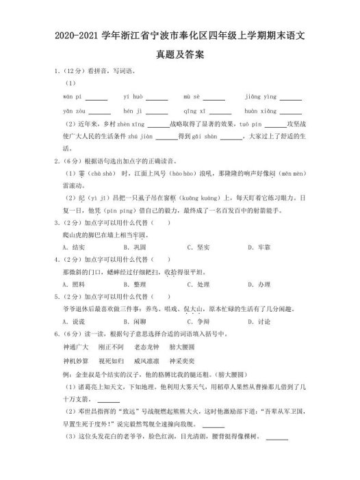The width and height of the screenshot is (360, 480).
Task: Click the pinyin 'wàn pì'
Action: pos(72,97)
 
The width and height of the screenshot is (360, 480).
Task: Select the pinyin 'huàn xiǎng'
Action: pos(259,111)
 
